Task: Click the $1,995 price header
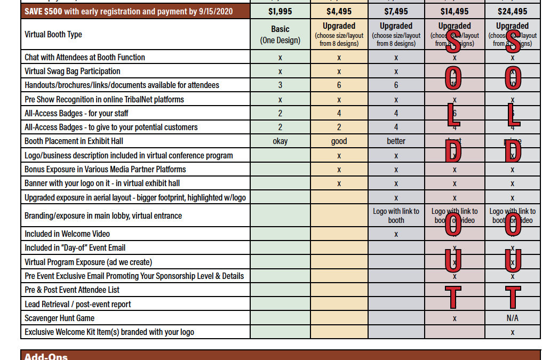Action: coord(280,11)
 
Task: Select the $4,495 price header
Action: coord(339,11)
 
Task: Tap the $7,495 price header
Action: coord(396,11)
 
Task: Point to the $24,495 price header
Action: coord(512,11)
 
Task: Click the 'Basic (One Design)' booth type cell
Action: coord(280,35)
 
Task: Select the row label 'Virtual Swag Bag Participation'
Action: coord(73,71)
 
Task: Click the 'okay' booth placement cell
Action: coord(280,141)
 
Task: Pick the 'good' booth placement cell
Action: coord(339,141)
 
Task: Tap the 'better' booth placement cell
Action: coord(396,141)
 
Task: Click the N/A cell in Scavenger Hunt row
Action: coord(512,318)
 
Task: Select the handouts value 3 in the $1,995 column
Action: coord(280,85)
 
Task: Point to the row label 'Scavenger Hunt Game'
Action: coord(60,318)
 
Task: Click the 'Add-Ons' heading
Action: coord(46,356)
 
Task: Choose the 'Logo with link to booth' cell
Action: coord(396,216)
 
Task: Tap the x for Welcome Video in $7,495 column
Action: coord(396,234)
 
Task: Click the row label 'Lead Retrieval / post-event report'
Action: coord(78,304)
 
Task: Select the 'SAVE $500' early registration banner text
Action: coord(129,11)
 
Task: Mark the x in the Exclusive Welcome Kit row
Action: coord(512,332)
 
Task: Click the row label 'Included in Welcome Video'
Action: coord(67,234)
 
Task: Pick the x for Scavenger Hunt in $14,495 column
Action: coord(455,318)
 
